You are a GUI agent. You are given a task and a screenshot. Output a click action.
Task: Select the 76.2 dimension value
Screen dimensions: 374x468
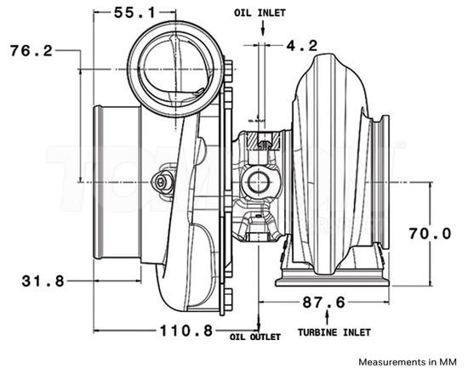[x=31, y=51]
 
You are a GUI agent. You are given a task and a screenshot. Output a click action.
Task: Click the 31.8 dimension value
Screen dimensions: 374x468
[x=31, y=280]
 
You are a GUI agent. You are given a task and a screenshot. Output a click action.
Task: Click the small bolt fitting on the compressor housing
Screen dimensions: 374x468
[x=162, y=180]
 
